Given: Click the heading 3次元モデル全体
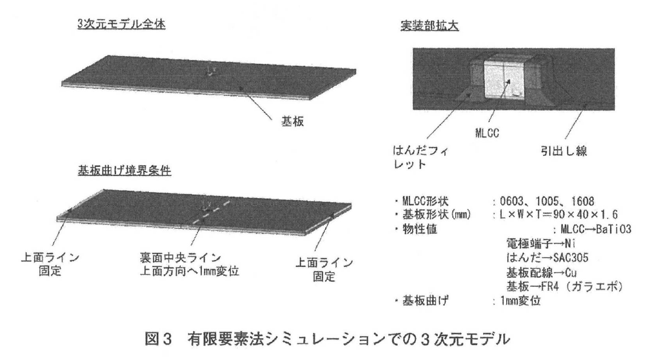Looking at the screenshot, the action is coord(121,25).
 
